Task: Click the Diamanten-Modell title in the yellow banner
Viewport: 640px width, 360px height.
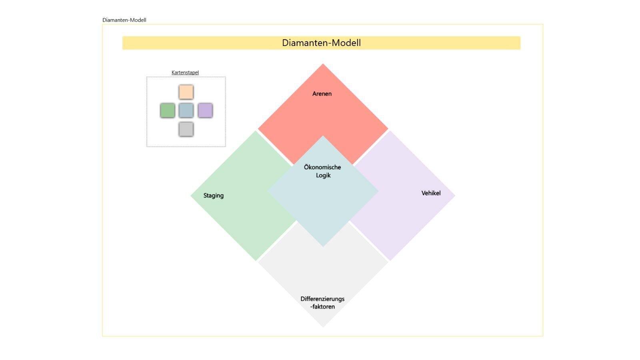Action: coord(321,43)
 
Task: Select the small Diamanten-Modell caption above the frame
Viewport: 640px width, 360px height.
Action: coord(124,20)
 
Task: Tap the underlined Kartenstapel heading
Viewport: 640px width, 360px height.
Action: coord(185,72)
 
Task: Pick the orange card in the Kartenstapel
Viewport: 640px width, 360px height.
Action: coord(186,92)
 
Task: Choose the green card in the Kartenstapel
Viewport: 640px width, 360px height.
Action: coord(168,110)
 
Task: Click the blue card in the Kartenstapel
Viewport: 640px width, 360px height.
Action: coord(186,110)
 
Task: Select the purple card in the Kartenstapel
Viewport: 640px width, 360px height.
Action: coord(205,110)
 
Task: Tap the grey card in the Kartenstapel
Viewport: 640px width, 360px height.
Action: coord(186,129)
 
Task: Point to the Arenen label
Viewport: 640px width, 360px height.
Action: coord(322,94)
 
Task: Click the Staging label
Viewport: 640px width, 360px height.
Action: coord(214,196)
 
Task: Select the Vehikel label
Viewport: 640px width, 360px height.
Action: coord(431,193)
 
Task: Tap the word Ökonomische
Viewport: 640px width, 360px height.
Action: coord(322,167)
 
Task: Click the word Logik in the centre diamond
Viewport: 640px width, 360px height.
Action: coord(323,175)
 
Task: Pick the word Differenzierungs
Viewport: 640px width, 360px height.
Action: coord(322,299)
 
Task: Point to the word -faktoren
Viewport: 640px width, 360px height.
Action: coord(322,307)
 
